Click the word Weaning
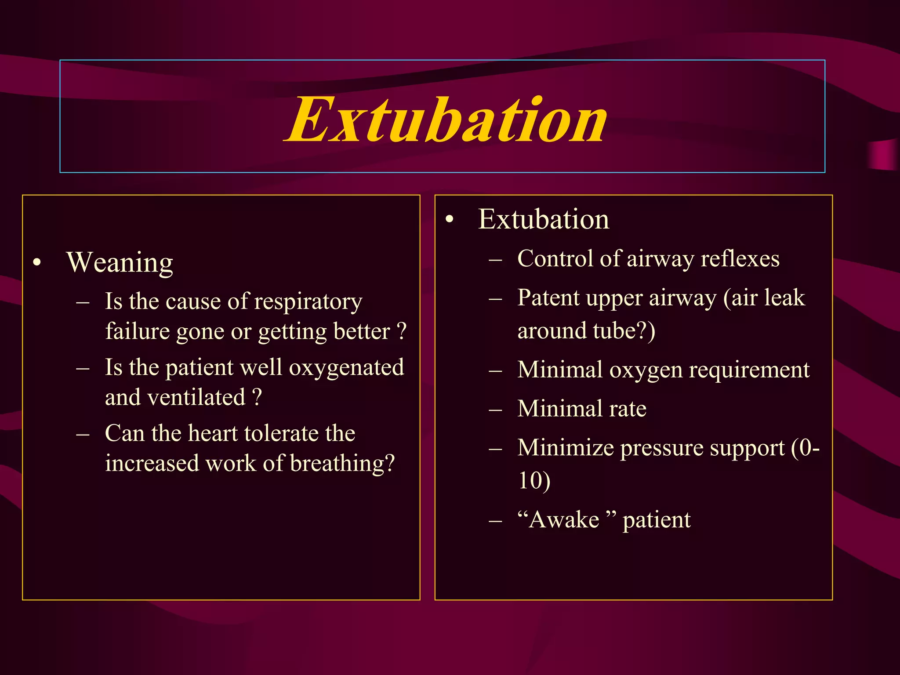120,263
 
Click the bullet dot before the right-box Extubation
449,220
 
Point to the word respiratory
308,302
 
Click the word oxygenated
346,367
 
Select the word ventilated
196,397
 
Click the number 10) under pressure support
534,480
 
